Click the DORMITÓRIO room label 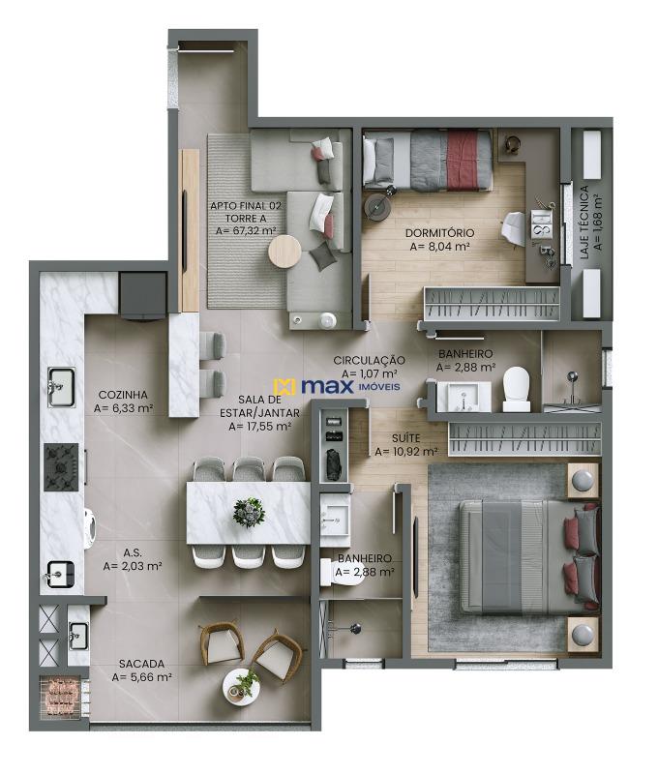439,232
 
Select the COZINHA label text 123,395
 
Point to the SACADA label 141,664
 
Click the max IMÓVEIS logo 330,387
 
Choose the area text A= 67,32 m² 246,231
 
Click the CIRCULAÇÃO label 369,360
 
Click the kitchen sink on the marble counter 62,386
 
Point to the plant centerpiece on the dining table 250,512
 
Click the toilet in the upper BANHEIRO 516,388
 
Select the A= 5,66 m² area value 142,678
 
